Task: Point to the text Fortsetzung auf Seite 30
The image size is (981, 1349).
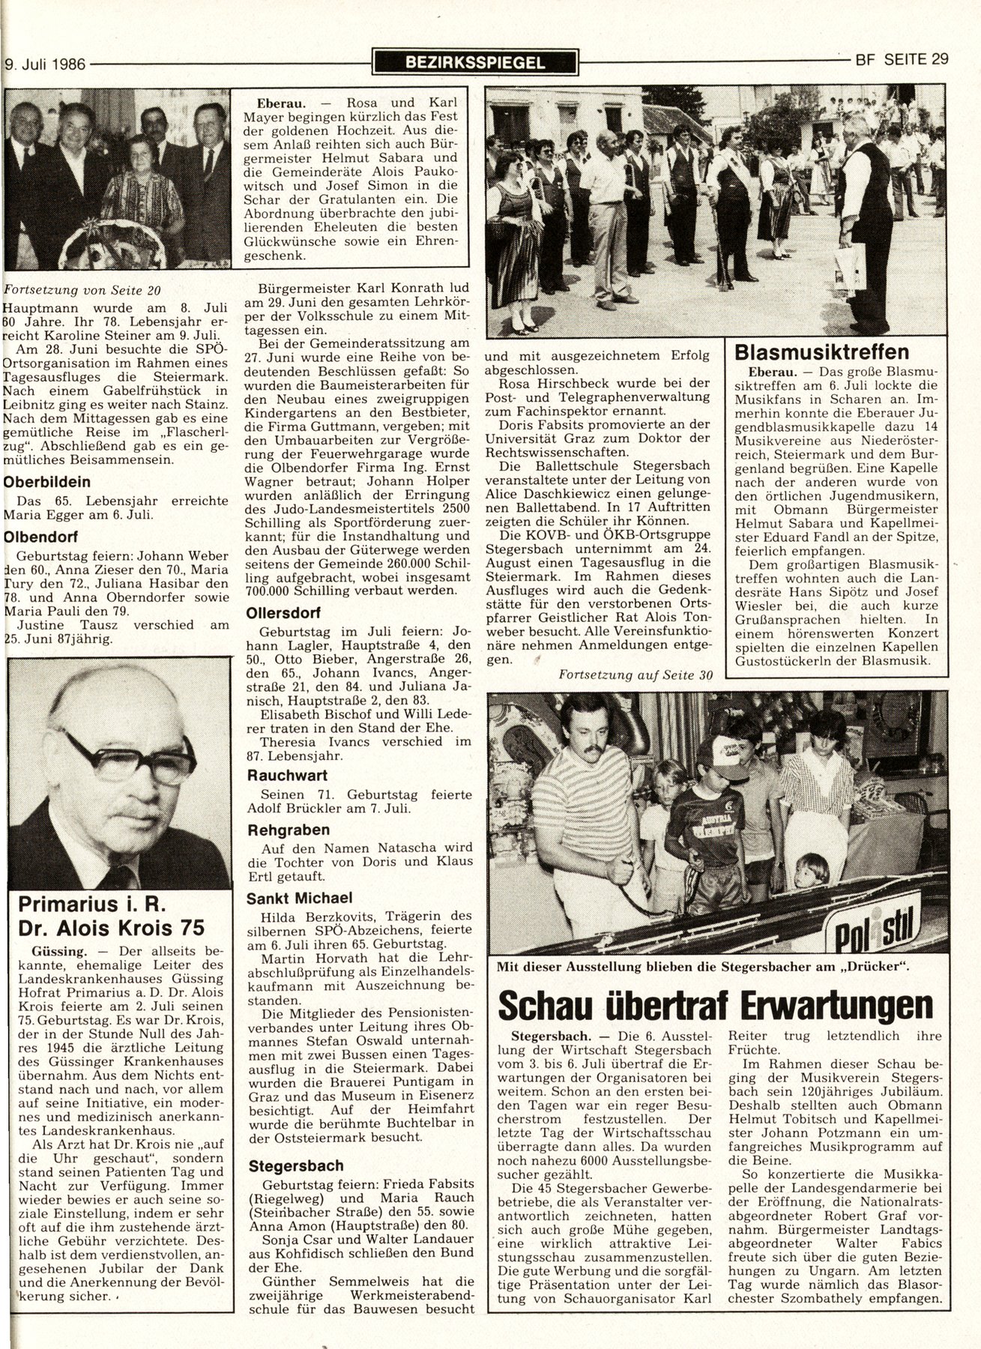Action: tap(634, 674)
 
